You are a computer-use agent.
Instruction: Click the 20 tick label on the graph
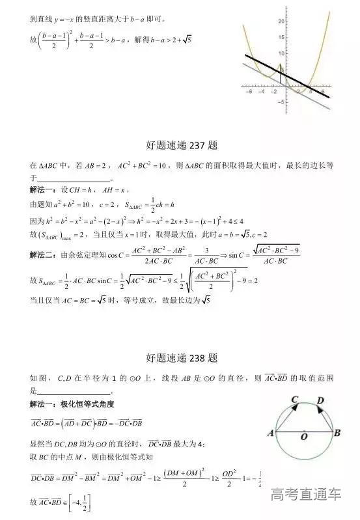282,21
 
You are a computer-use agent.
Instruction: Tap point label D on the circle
320,401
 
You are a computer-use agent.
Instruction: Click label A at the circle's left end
270,433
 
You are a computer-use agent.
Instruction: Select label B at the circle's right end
337,433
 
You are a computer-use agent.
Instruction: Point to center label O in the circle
303,439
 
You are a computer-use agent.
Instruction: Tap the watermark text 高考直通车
305,495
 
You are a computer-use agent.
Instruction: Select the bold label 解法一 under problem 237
44,189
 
